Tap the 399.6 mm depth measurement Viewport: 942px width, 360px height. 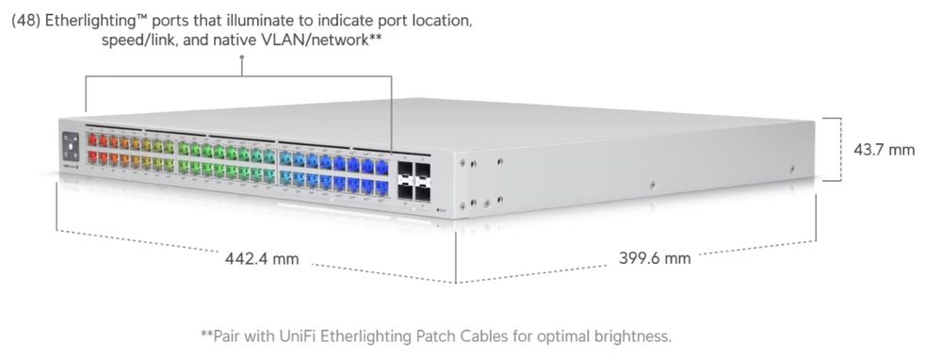[x=655, y=257]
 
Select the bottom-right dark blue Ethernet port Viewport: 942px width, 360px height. [x=382, y=183]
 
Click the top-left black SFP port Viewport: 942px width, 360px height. [x=405, y=172]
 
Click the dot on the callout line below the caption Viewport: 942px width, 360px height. [x=242, y=59]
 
